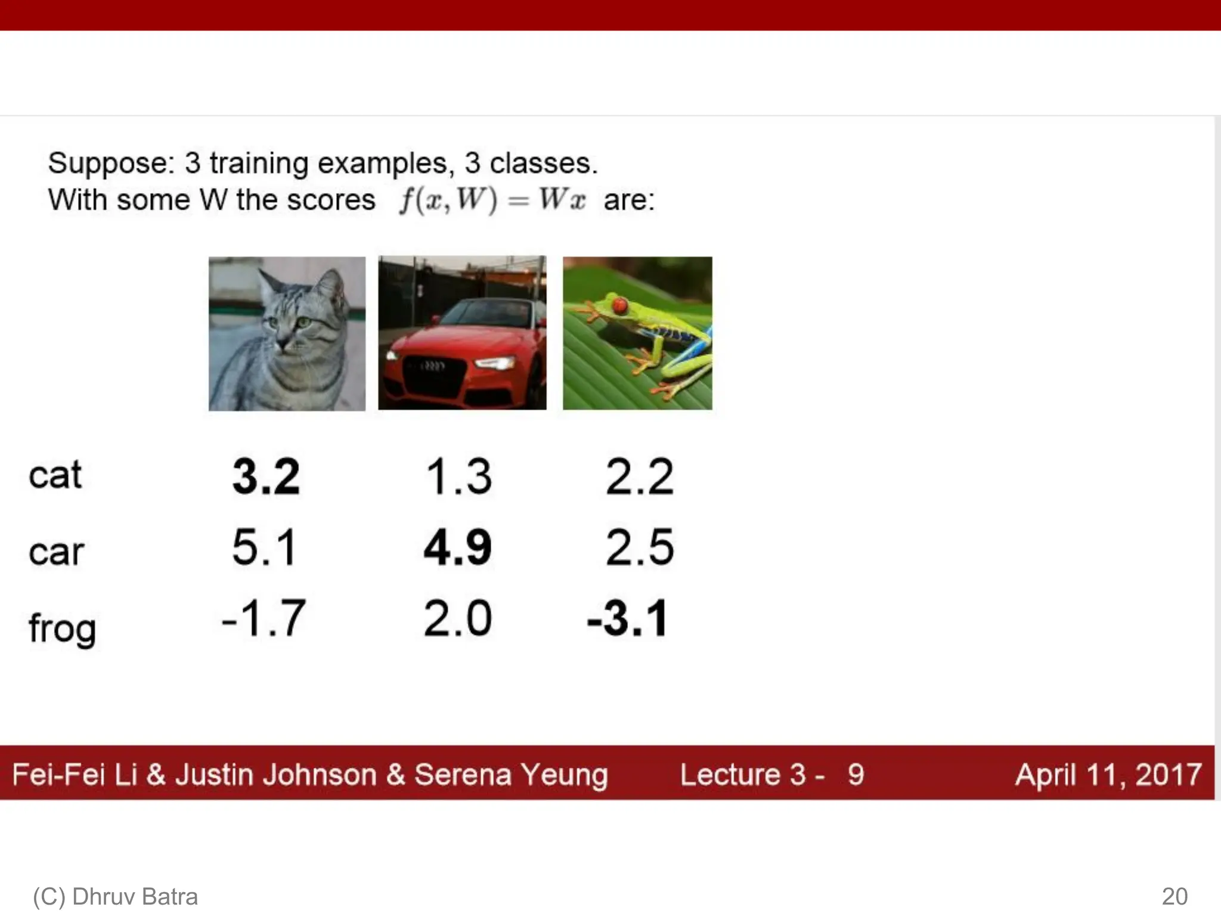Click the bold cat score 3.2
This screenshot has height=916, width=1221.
click(266, 476)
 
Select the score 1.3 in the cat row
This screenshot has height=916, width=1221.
click(458, 476)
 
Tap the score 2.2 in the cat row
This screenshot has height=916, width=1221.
click(639, 476)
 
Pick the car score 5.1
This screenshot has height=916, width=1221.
click(264, 547)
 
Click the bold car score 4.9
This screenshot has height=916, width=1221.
click(457, 547)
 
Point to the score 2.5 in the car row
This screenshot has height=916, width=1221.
click(639, 547)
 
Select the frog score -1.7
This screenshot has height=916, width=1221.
click(264, 618)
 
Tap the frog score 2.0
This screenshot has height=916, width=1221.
click(457, 618)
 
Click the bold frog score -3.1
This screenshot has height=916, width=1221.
click(627, 618)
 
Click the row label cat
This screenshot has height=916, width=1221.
click(55, 475)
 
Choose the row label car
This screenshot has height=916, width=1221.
click(56, 552)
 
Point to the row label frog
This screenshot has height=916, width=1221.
click(62, 629)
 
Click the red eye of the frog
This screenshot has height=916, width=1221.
click(620, 306)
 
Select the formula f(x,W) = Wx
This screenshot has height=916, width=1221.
click(492, 200)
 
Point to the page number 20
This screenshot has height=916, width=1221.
click(1174, 896)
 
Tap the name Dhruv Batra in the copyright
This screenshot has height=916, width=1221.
click(135, 896)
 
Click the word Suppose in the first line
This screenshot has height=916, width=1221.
click(110, 163)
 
